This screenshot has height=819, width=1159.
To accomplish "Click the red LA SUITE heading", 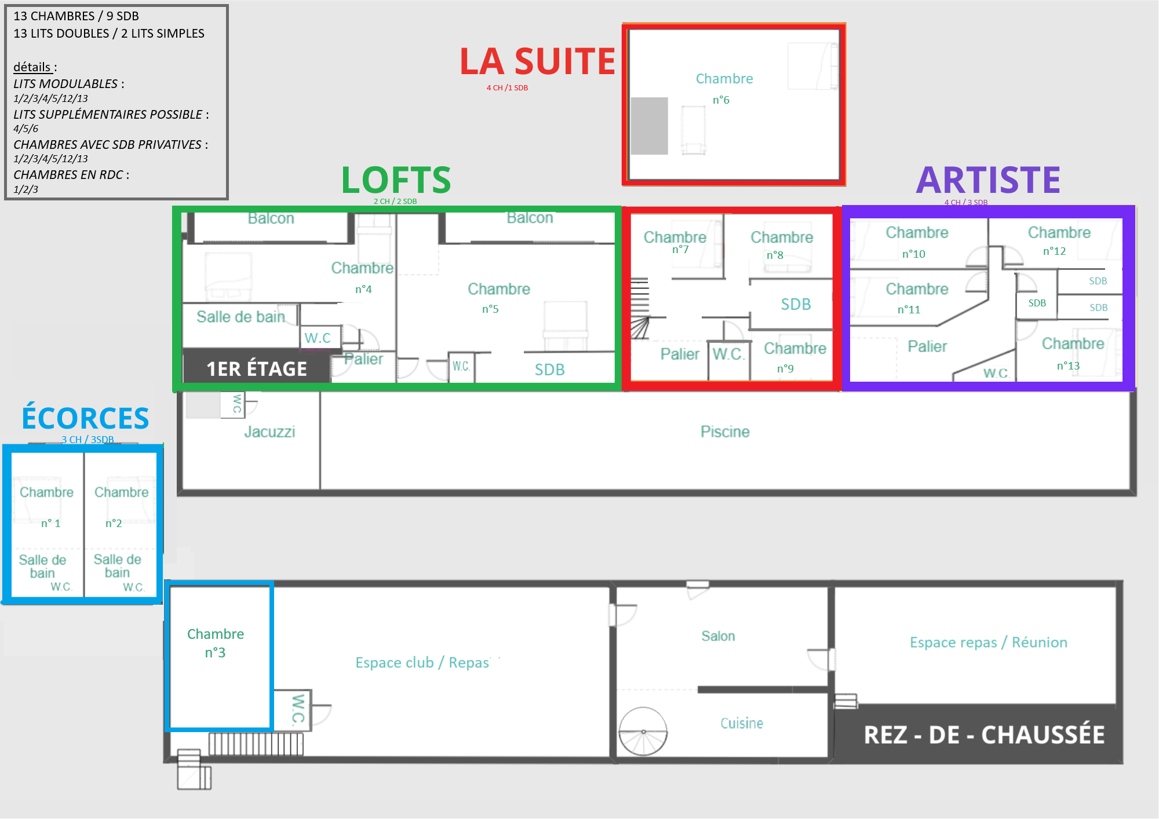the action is [x=537, y=61].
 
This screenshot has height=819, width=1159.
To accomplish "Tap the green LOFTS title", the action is [x=396, y=180].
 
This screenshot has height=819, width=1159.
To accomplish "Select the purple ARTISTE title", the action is [x=988, y=180].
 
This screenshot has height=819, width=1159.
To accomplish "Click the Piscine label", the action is [x=725, y=432].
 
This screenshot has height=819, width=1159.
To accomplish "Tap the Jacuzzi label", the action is [x=269, y=432].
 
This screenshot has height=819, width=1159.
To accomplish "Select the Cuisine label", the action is [x=742, y=723].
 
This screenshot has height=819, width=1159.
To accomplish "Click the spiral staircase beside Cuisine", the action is [x=643, y=732].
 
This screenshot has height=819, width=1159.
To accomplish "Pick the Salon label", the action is [x=718, y=636].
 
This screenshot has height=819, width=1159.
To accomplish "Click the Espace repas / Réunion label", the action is [x=989, y=642].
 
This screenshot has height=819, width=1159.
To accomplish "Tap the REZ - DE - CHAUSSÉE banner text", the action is [x=984, y=734].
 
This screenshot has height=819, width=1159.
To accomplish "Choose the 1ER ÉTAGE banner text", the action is [x=257, y=369].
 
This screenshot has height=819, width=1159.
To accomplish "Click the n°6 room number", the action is [x=721, y=100].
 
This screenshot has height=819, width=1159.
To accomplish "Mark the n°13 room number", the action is [x=1068, y=365].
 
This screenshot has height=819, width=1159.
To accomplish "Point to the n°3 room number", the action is [x=215, y=653].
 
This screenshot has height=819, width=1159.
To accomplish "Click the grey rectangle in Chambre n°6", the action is [x=649, y=126].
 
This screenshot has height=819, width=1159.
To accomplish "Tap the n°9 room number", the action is [x=785, y=368].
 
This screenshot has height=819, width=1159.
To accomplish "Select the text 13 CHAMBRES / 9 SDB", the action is [x=76, y=16].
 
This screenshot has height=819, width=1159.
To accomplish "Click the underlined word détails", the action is [x=32, y=67].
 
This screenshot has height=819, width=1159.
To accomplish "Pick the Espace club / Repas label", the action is [x=422, y=663].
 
